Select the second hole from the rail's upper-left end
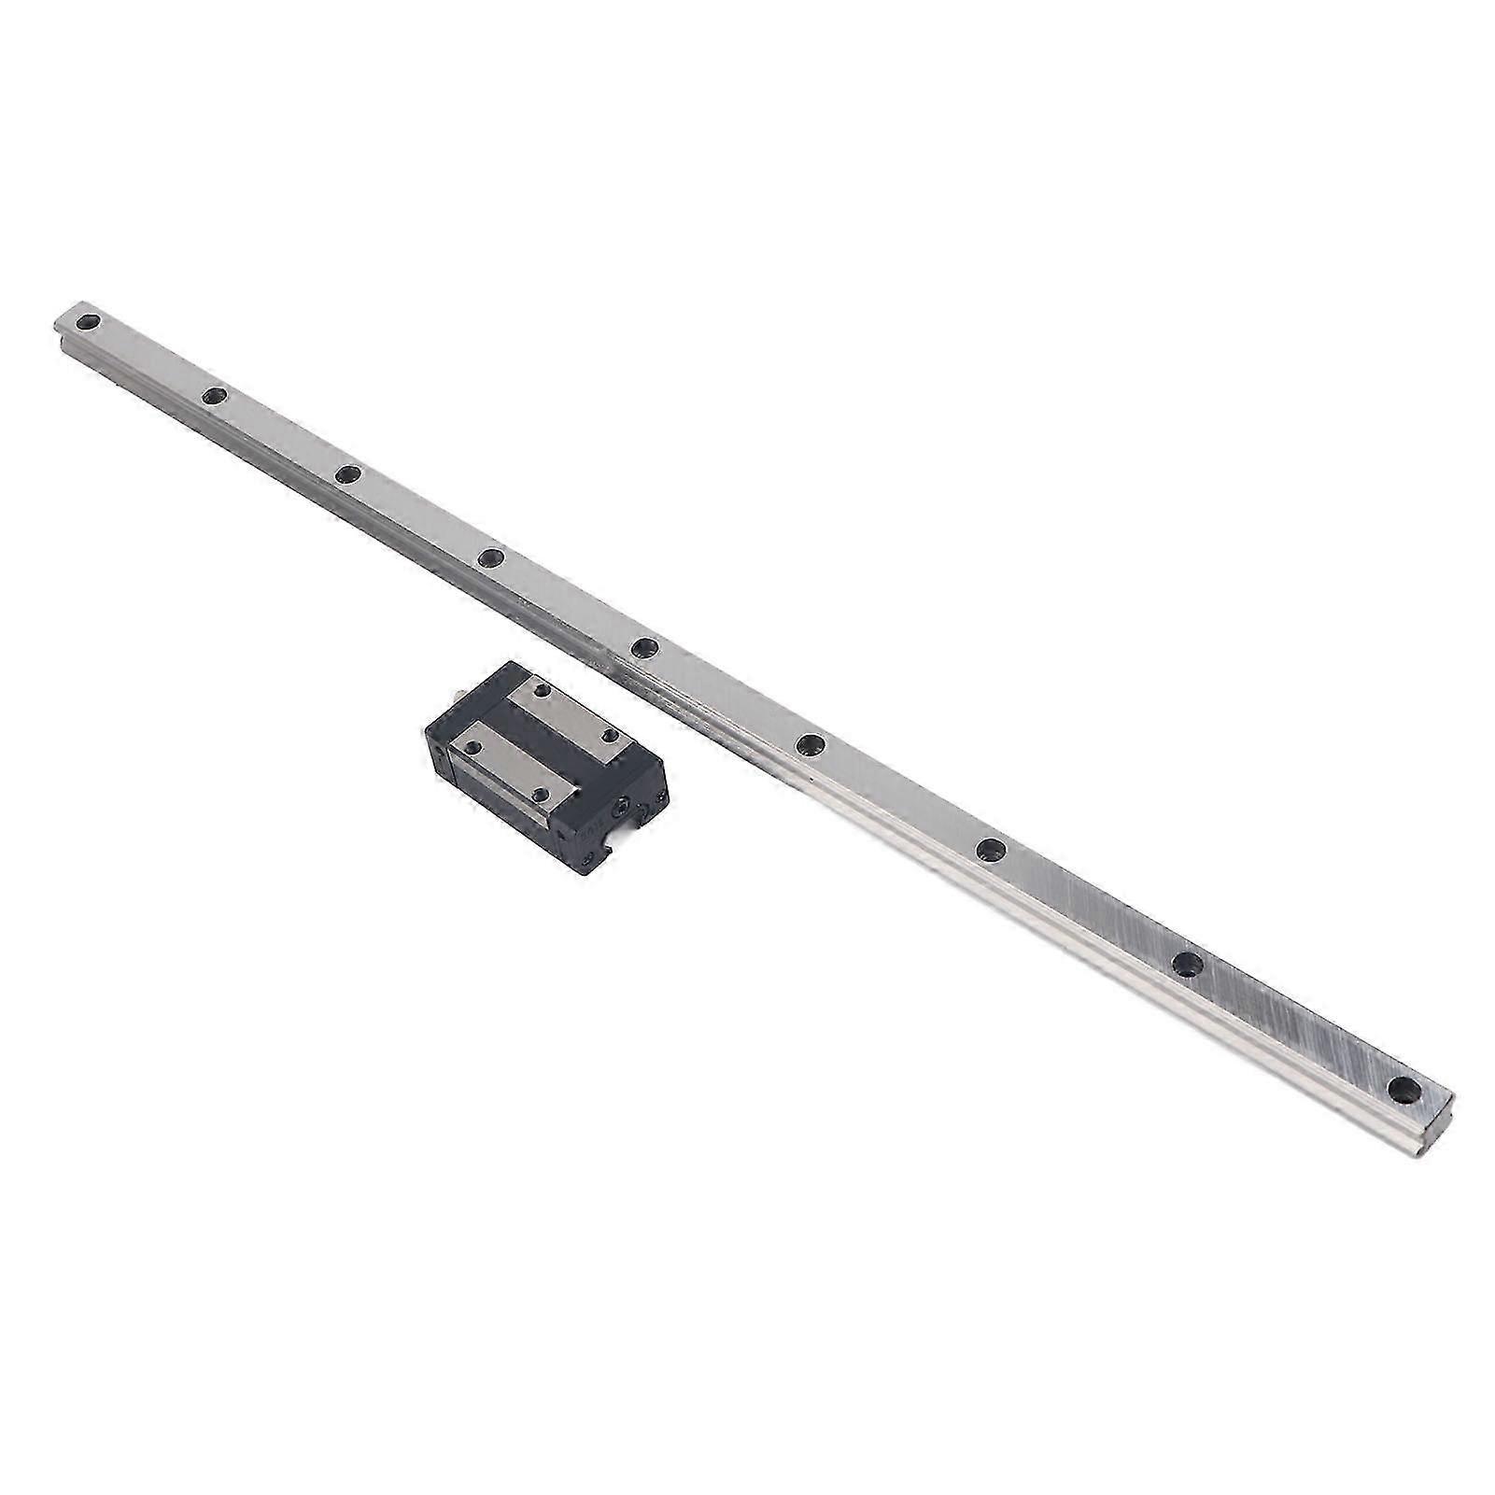[x=214, y=397]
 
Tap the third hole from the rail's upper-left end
[x=348, y=475]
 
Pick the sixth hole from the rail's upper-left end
[x=811, y=743]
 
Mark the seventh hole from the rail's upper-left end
[x=990, y=849]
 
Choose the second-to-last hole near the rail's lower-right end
[x=1187, y=964]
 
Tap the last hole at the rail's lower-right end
[x=1403, y=1089]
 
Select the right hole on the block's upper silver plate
[x=612, y=736]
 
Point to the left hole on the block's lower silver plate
[x=472, y=748]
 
